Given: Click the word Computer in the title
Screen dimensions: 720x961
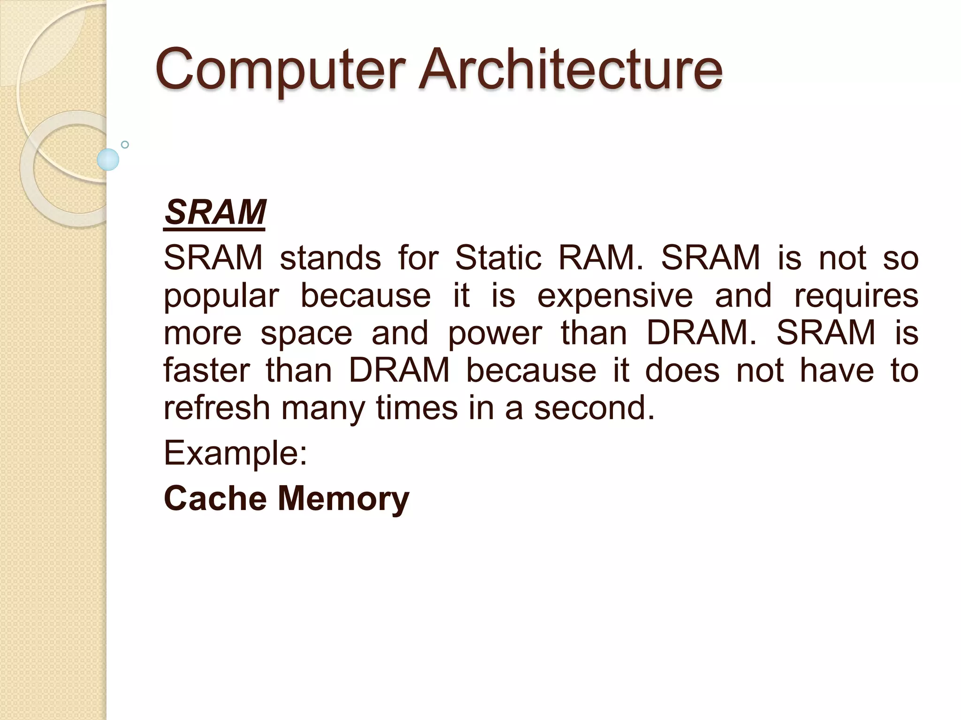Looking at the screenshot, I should pyautogui.click(x=280, y=70).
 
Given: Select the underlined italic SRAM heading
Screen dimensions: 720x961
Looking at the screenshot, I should pyautogui.click(x=215, y=212).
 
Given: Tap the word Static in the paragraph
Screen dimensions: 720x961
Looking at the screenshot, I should pyautogui.click(x=498, y=257).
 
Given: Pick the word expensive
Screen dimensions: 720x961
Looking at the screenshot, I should pyautogui.click(x=615, y=295).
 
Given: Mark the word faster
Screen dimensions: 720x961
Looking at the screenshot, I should pyautogui.click(x=206, y=370).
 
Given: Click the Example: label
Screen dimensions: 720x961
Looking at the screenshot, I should pyautogui.click(x=235, y=453).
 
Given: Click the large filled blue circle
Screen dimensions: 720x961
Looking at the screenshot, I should pyautogui.click(x=108, y=159).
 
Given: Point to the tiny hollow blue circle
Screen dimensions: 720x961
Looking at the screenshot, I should pyautogui.click(x=125, y=144).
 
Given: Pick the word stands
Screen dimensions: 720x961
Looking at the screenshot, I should pyautogui.click(x=330, y=257).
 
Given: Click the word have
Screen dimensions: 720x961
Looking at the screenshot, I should pyautogui.click(x=837, y=370).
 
